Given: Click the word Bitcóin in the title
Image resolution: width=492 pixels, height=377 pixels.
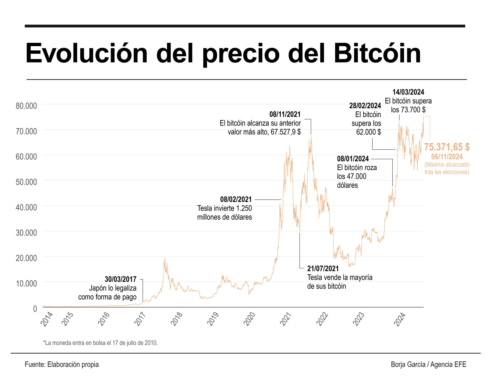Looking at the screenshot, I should pyautogui.click(x=377, y=54).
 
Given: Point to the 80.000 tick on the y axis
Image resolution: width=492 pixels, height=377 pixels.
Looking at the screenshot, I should pyautogui.click(x=26, y=106).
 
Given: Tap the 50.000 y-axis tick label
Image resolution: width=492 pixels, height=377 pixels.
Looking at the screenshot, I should pyautogui.click(x=26, y=182).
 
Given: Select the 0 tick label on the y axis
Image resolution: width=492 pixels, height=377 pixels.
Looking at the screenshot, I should pyautogui.click(x=35, y=309).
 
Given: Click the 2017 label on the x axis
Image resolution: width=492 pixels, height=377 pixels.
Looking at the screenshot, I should pyautogui.click(x=140, y=319).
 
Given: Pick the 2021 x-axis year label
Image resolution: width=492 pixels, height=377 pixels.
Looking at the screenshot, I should pyautogui.click(x=285, y=319).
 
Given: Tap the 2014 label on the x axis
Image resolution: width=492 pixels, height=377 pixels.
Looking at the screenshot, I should pyautogui.click(x=47, y=319).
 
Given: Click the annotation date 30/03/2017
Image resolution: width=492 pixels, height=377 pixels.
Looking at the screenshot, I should pyautogui.click(x=120, y=279).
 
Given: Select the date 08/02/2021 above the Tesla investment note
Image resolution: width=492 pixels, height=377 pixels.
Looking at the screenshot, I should pyautogui.click(x=236, y=199).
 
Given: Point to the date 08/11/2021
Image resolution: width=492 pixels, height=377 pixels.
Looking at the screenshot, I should pyautogui.click(x=285, y=114).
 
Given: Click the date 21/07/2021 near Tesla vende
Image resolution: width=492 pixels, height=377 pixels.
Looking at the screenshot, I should pyautogui.click(x=323, y=269).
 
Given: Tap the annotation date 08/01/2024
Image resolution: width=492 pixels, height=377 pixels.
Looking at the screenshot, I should pyautogui.click(x=353, y=159).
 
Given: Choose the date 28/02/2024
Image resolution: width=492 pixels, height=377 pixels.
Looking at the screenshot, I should pyautogui.click(x=365, y=106).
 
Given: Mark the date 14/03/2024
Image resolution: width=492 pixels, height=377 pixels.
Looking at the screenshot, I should pyautogui.click(x=408, y=92).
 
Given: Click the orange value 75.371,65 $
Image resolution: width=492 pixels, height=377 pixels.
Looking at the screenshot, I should pyautogui.click(x=447, y=147).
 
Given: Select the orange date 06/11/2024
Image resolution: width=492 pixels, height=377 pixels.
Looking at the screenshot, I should pyautogui.click(x=447, y=157).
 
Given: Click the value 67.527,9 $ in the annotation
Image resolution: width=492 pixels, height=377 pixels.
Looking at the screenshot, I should pyautogui.click(x=285, y=132).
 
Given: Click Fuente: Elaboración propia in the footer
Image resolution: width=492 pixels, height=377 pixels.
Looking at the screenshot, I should pyautogui.click(x=62, y=364).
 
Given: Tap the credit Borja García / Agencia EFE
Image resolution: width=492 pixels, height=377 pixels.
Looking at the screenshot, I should pyautogui.click(x=428, y=364).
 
